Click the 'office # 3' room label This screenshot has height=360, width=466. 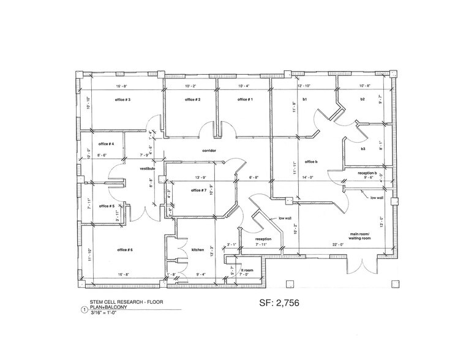point(121,99)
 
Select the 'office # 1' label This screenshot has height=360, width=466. point(245,99)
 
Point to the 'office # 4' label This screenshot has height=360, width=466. point(107,144)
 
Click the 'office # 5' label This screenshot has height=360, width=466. point(107,206)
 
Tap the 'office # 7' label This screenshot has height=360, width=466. point(198,190)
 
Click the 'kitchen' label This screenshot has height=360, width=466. point(197,250)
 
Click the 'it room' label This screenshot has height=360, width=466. point(247,269)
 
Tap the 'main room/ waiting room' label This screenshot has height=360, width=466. point(361,236)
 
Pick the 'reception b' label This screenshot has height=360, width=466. point(366,173)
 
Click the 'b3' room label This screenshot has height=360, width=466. point(363,149)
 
